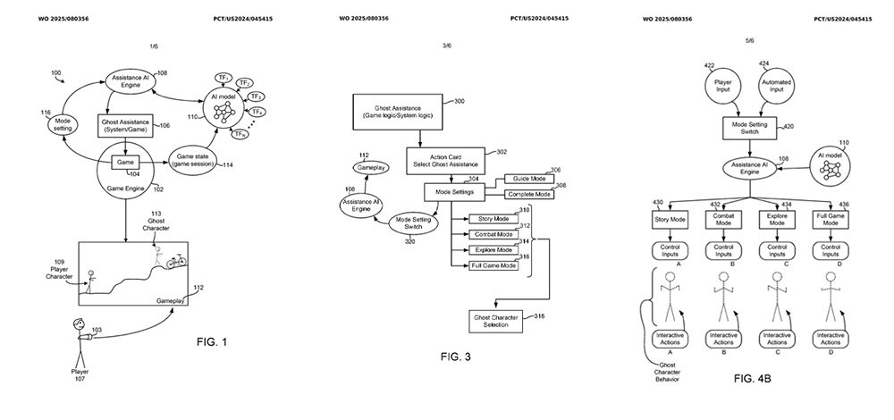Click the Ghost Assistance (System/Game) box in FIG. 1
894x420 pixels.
click(126, 126)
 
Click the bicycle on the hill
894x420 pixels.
click(176, 261)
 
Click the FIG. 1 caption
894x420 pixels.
click(216, 341)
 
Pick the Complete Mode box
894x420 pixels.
click(529, 194)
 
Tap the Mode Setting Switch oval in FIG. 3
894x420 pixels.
click(413, 223)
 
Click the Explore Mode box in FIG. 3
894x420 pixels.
click(493, 250)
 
